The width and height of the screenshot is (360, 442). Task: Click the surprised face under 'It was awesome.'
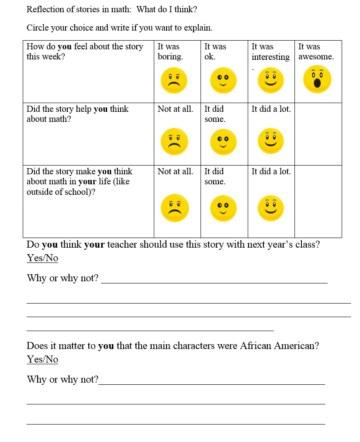(317, 79)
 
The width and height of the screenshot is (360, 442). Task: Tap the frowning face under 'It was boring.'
(174, 80)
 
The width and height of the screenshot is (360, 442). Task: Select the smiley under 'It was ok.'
(223, 80)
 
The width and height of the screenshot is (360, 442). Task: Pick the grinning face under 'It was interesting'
(271, 80)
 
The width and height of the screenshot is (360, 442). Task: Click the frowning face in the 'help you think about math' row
(175, 142)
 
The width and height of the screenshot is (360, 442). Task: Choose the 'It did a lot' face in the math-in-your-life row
(271, 208)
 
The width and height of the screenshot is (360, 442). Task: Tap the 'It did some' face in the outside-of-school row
(223, 208)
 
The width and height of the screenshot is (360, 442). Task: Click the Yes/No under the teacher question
(42, 258)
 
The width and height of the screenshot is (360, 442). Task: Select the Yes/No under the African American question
(42, 359)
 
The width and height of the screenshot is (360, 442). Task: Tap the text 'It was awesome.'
(316, 52)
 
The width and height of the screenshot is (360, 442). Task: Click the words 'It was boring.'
(170, 52)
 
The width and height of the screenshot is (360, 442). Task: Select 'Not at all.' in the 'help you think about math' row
(175, 109)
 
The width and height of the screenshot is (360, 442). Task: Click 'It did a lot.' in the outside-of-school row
(271, 172)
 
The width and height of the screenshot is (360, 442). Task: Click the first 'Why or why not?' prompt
(62, 278)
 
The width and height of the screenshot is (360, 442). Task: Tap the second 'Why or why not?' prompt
(62, 380)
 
